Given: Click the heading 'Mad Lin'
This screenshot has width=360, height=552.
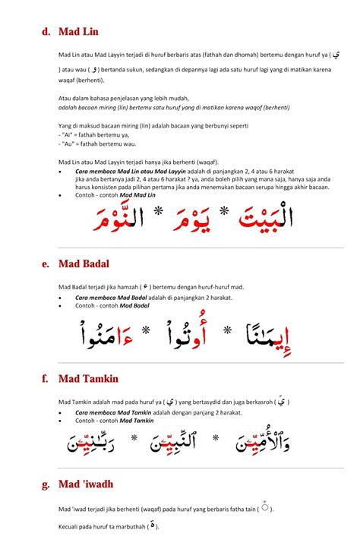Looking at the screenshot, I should [x=78, y=32].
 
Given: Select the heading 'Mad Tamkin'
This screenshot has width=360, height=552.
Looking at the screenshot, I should [x=89, y=377].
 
